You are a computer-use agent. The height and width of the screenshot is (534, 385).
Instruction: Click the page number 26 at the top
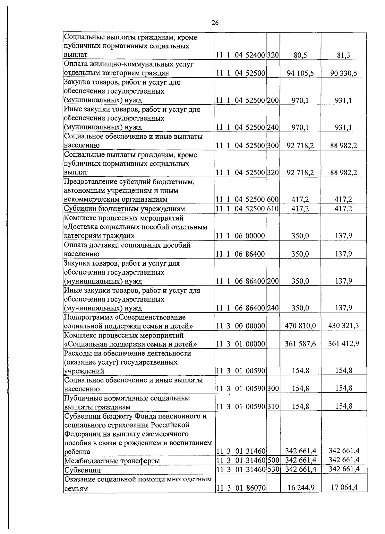click(x=215, y=22)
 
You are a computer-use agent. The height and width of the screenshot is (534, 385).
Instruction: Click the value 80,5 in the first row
click(x=300, y=55)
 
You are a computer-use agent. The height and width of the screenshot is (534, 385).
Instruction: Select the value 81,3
click(x=343, y=55)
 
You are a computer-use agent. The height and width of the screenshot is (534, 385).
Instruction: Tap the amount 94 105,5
click(x=300, y=73)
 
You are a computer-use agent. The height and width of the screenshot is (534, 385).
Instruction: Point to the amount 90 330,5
click(x=343, y=73)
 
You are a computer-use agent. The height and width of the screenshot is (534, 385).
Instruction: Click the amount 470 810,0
click(x=300, y=326)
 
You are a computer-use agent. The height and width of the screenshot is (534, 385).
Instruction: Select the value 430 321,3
click(x=343, y=326)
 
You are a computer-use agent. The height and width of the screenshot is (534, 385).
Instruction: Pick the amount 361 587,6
click(x=300, y=344)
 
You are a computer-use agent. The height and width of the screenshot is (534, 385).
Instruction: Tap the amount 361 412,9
click(x=343, y=344)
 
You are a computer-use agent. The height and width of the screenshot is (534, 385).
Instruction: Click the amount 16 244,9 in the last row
click(x=301, y=488)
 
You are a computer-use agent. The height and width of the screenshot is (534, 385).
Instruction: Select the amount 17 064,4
click(x=344, y=487)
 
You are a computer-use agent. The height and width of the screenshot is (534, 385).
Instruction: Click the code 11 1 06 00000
click(x=240, y=236)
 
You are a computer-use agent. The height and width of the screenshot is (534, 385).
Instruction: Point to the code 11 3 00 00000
click(x=240, y=326)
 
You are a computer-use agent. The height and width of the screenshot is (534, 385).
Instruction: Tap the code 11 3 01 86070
click(x=240, y=488)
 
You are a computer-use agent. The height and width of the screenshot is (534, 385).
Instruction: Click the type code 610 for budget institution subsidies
click(x=273, y=209)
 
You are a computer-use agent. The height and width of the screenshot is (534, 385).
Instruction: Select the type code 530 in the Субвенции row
click(x=273, y=469)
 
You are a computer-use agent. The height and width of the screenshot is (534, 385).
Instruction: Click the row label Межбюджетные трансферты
click(x=112, y=461)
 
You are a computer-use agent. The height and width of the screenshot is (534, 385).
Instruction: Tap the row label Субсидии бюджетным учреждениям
click(x=124, y=209)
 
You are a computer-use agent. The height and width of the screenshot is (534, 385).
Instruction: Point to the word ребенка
click(x=77, y=452)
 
